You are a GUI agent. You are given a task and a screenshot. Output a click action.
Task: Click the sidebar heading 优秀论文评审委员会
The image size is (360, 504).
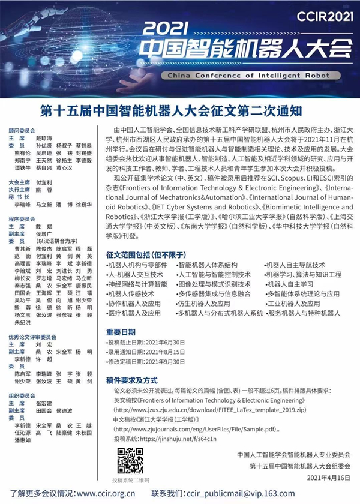[x=29, y=337]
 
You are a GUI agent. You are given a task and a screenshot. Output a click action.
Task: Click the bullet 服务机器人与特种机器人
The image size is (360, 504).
[x=303, y=313]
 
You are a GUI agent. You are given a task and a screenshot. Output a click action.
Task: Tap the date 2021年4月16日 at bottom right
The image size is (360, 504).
[x=328, y=478]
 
